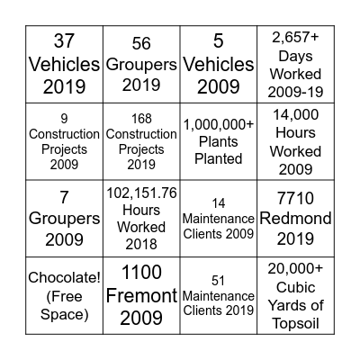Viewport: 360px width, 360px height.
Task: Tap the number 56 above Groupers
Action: point(141,43)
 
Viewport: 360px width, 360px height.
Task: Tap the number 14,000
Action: point(295,115)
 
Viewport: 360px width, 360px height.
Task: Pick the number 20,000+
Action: point(295,267)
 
